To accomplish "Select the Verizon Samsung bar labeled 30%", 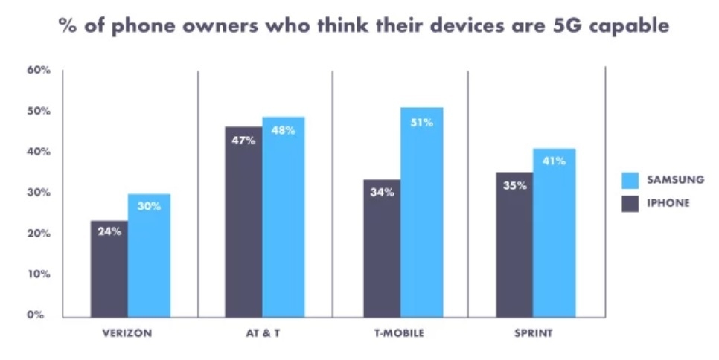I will tap(149, 256).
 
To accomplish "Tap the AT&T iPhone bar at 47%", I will tap(243, 222).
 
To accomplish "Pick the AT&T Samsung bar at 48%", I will tap(283, 217).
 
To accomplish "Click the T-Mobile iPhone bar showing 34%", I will tap(382, 248).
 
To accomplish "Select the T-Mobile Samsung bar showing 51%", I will tap(421, 213).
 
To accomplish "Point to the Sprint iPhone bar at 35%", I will tap(515, 245).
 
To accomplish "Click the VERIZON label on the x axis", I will tap(127, 333).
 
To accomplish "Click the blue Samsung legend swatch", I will tap(630, 179).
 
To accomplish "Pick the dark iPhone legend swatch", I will tap(630, 202).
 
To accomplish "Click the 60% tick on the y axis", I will tap(39, 71).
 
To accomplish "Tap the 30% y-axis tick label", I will tap(39, 193).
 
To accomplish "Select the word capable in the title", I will tap(633, 28).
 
